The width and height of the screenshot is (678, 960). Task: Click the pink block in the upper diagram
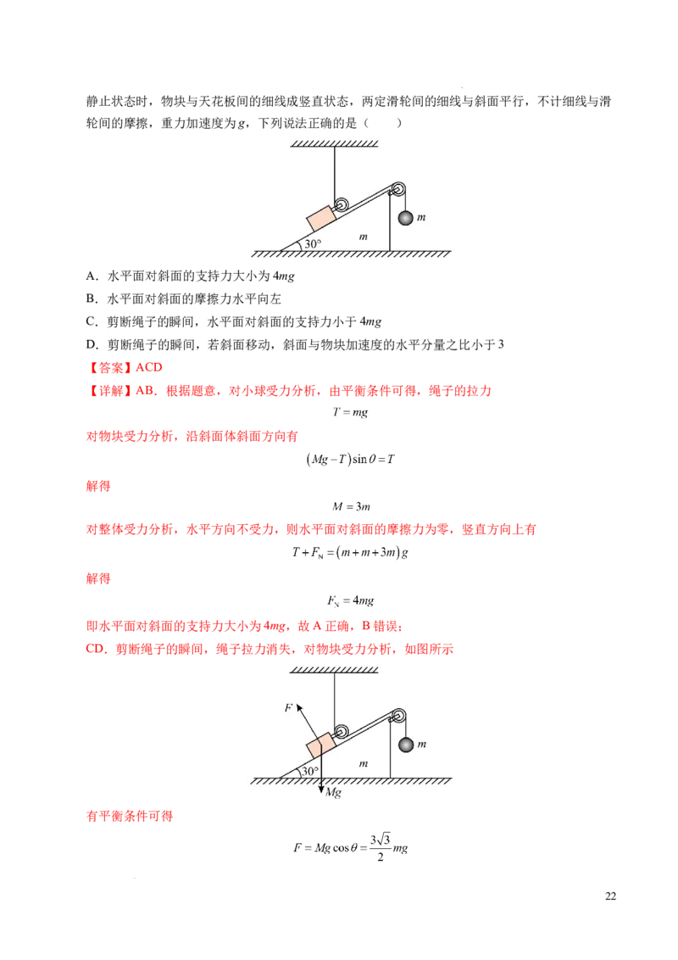(x=321, y=218)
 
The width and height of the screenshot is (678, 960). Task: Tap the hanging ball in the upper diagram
(x=406, y=218)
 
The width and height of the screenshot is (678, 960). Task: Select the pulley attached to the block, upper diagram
(x=342, y=204)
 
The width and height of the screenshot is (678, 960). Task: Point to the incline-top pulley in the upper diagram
(x=398, y=190)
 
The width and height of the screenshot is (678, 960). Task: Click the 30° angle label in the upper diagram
(x=313, y=243)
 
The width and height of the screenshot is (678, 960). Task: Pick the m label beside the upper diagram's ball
(x=421, y=217)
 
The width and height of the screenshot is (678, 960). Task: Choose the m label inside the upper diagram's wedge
(x=363, y=237)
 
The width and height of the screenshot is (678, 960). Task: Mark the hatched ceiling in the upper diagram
(x=334, y=142)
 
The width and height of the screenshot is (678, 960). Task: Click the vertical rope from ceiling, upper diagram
(x=335, y=170)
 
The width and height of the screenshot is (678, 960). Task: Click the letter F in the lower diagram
(x=288, y=706)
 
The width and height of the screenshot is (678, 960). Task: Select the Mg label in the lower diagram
(x=333, y=791)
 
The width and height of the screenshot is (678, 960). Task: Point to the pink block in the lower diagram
(x=321, y=745)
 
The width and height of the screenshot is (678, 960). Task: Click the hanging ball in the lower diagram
(x=406, y=745)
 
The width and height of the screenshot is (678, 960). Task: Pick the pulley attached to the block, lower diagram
(x=342, y=731)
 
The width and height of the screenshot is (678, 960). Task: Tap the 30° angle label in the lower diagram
(x=311, y=771)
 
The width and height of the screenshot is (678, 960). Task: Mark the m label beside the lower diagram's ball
(x=421, y=744)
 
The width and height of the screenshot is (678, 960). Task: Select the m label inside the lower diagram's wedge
(x=363, y=763)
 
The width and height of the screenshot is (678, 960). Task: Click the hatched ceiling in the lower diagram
(x=334, y=669)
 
